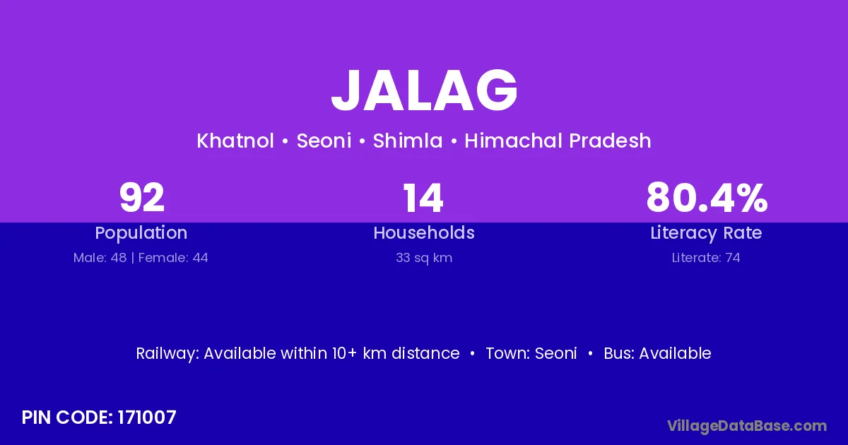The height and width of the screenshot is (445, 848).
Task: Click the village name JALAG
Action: click(424, 90)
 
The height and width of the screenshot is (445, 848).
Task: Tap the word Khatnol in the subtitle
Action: click(235, 141)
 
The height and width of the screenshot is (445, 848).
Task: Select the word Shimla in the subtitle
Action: click(408, 141)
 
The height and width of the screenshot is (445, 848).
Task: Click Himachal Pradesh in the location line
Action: click(558, 141)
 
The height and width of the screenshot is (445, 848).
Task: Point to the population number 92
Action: click(142, 198)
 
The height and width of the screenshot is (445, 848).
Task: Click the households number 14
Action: click(423, 198)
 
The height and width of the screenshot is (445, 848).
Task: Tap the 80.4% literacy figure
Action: click(707, 198)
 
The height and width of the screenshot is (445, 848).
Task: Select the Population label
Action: click(141, 232)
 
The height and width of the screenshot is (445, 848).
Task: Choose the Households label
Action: click(424, 232)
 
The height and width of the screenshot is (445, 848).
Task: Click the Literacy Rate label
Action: click(706, 233)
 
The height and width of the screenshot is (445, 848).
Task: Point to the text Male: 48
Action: click(100, 258)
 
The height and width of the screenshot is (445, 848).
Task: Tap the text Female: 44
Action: click(173, 258)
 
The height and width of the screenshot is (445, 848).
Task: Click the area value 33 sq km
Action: click(424, 258)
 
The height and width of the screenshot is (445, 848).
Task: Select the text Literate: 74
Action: click(706, 258)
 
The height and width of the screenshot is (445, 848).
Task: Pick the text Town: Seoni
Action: click(531, 353)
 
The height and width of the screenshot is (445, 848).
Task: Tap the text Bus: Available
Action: click(657, 353)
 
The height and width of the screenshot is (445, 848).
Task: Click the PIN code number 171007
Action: click(147, 417)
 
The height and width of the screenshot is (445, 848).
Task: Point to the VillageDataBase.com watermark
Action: click(748, 426)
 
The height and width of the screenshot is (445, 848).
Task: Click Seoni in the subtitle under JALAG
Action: click(324, 141)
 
